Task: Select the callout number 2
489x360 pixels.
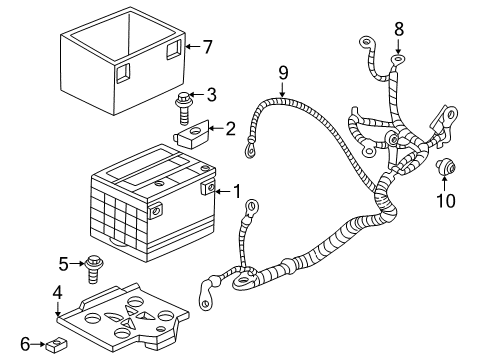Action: click(x=230, y=128)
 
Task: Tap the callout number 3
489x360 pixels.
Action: click(x=211, y=95)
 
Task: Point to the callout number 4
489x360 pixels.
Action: click(x=57, y=294)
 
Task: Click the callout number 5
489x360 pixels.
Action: click(x=64, y=264)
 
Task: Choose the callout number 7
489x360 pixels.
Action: click(x=208, y=46)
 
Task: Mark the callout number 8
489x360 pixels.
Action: click(x=398, y=29)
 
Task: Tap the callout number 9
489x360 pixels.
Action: click(x=283, y=72)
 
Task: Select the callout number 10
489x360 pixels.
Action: click(x=445, y=201)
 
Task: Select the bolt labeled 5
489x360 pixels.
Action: click(x=94, y=268)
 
